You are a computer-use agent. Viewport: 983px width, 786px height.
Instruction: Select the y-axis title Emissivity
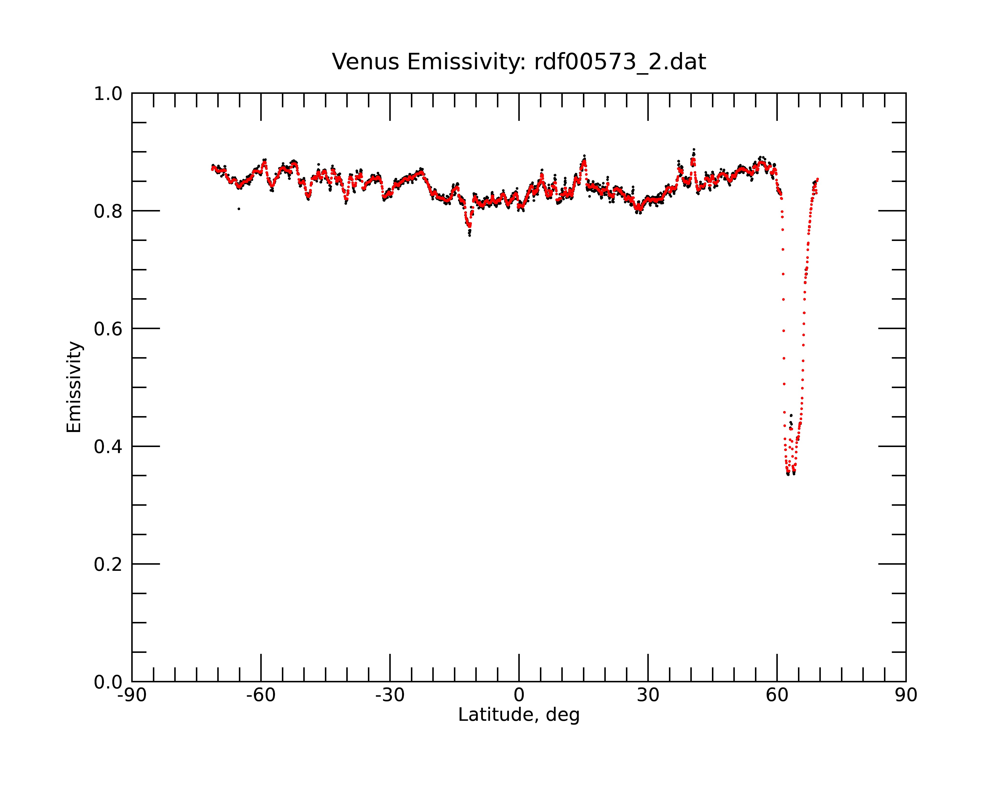[74, 387]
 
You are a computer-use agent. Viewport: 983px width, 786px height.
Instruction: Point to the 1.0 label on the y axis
[108, 94]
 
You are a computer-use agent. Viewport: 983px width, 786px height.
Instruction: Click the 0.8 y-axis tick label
[108, 211]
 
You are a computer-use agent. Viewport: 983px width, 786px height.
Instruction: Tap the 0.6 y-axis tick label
[108, 329]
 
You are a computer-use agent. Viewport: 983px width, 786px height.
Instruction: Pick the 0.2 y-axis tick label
[108, 564]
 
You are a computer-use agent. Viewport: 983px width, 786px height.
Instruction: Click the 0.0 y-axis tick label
[108, 682]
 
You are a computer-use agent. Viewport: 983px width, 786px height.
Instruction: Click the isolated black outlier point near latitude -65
[239, 209]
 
